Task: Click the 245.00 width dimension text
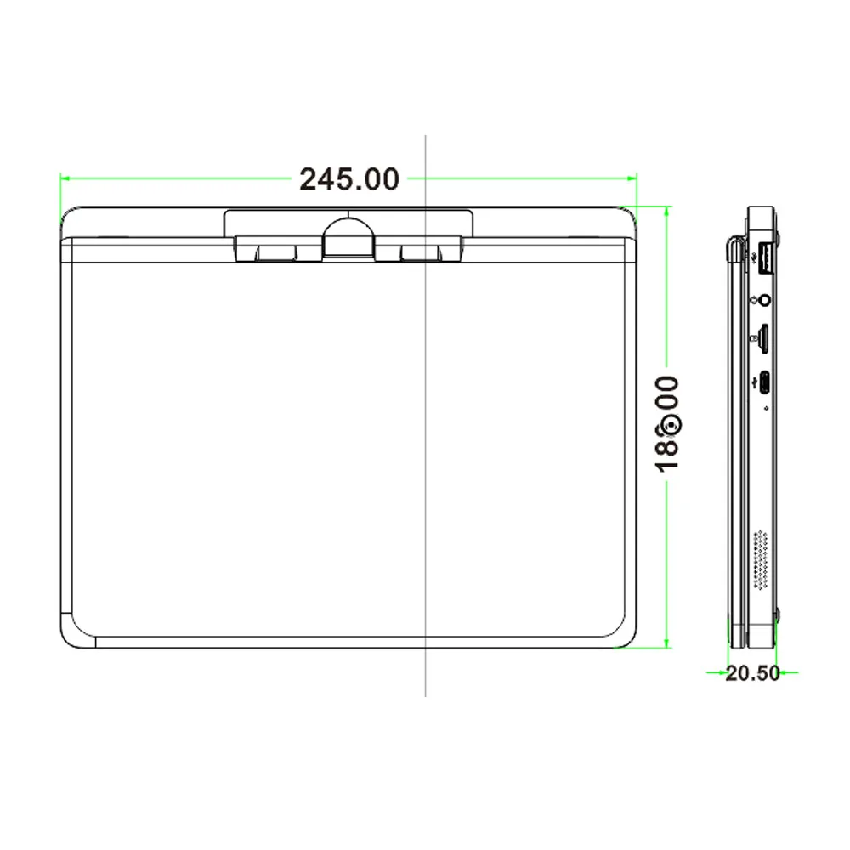click(348, 179)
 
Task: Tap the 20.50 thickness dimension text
click(752, 673)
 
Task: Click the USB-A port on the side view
click(764, 258)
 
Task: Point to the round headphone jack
click(766, 299)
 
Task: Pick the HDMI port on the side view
click(766, 337)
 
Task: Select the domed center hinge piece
click(348, 235)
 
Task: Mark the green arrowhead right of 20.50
click(788, 672)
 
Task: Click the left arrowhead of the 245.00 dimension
click(65, 178)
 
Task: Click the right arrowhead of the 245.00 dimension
click(632, 178)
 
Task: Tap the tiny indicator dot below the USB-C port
click(767, 408)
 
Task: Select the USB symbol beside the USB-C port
click(754, 382)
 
